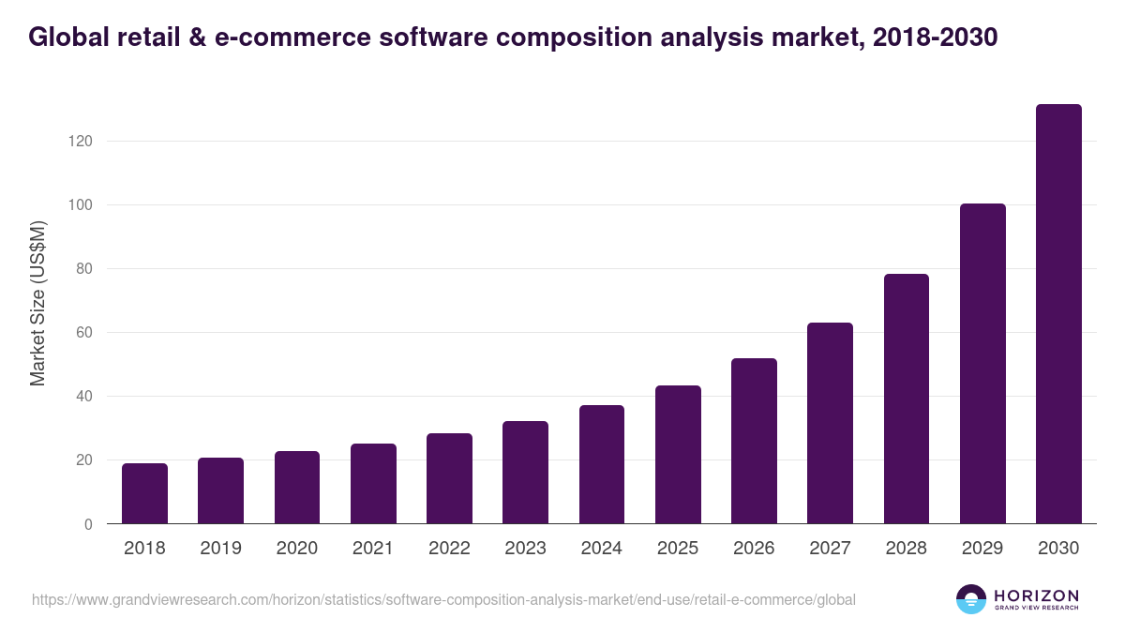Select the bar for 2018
click(x=144, y=493)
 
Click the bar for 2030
click(x=1058, y=314)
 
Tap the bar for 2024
click(x=602, y=464)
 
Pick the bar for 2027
click(x=830, y=423)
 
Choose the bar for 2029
click(x=982, y=364)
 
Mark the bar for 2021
click(x=373, y=484)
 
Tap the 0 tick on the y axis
click(x=88, y=524)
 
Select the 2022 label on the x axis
click(x=449, y=549)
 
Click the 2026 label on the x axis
click(x=754, y=549)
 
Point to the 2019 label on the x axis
click(x=220, y=549)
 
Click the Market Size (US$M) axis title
click(x=37, y=304)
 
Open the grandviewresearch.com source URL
click(x=443, y=599)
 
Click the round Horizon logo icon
click(x=971, y=599)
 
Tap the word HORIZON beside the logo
click(x=1036, y=595)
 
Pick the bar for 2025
click(x=678, y=455)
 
